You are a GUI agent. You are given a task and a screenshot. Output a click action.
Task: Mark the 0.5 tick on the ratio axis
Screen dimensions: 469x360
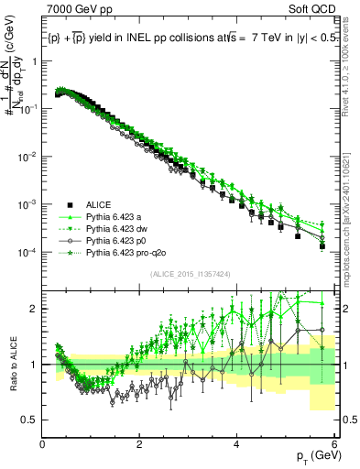pos(32,420)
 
